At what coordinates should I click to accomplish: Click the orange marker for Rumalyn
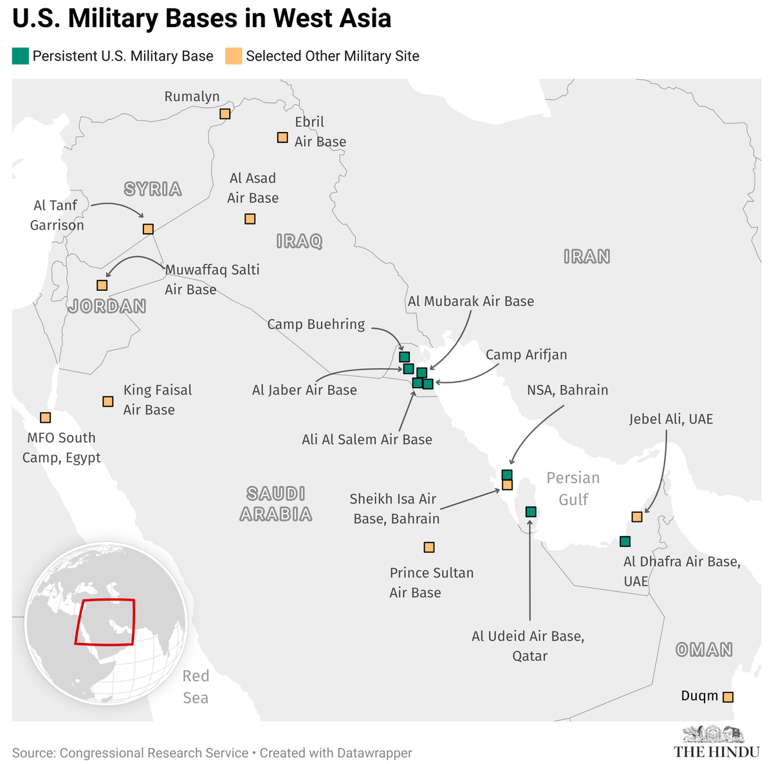click(225, 114)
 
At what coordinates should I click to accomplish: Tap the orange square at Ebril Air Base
click(282, 137)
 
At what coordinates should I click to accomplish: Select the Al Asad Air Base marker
click(250, 219)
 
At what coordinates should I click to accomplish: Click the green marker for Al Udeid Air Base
click(531, 512)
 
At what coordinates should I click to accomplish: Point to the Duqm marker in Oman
click(728, 696)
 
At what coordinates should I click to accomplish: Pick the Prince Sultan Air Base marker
click(429, 547)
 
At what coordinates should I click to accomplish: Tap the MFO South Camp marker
click(45, 417)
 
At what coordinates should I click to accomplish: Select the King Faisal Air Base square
click(108, 401)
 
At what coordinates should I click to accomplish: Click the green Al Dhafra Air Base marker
click(625, 541)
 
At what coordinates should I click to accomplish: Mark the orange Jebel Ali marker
click(637, 516)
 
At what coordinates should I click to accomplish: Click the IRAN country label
click(586, 256)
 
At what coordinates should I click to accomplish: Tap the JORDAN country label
click(107, 306)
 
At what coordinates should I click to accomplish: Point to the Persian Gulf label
click(573, 488)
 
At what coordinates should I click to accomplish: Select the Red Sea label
click(196, 686)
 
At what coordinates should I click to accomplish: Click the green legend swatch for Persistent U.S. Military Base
click(21, 56)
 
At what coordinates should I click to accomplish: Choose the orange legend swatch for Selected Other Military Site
click(234, 56)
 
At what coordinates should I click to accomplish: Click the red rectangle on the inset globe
click(105, 622)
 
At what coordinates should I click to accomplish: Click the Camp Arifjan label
click(526, 355)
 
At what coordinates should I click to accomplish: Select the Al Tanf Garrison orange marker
click(148, 229)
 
